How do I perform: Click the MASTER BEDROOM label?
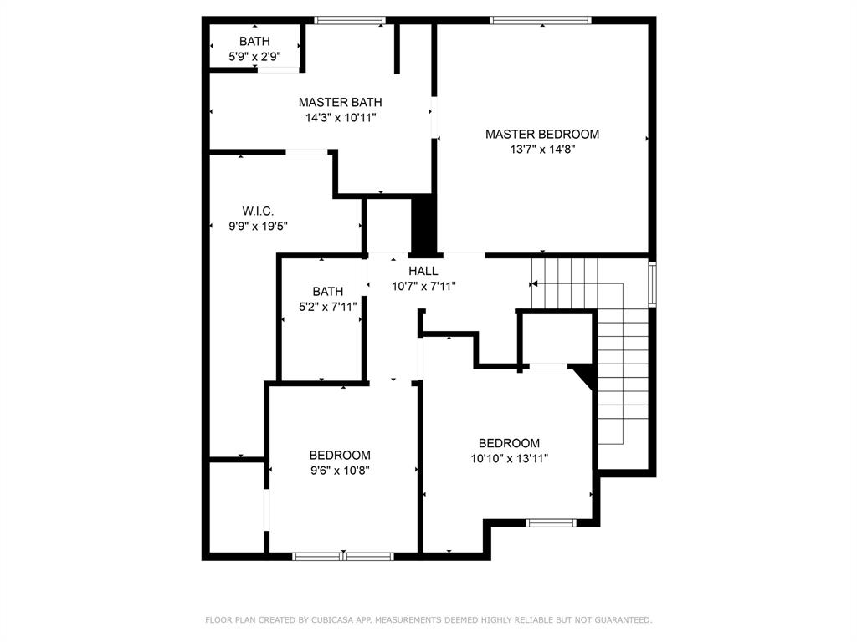pyautogui.click(x=542, y=135)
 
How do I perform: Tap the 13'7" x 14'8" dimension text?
pyautogui.click(x=542, y=150)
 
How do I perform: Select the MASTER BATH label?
pyautogui.click(x=340, y=102)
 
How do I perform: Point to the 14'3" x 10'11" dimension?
pyautogui.click(x=340, y=117)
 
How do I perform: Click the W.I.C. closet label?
pyautogui.click(x=258, y=211)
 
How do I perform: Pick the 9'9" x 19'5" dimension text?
pyautogui.click(x=258, y=226)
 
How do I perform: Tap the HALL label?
pyautogui.click(x=423, y=271)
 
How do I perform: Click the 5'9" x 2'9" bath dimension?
pyautogui.click(x=254, y=56)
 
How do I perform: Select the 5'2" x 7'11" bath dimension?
pyautogui.click(x=328, y=307)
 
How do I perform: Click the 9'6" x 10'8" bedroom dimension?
pyautogui.click(x=340, y=471)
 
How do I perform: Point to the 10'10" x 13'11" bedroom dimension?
pyautogui.click(x=510, y=459)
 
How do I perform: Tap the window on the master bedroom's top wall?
pyautogui.click(x=541, y=21)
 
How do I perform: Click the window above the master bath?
pyautogui.click(x=350, y=21)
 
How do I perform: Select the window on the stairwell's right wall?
pyautogui.click(x=652, y=284)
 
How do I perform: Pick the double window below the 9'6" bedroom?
pyautogui.click(x=342, y=556)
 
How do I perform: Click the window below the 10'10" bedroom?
pyautogui.click(x=551, y=523)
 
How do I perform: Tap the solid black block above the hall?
pyautogui.click(x=423, y=227)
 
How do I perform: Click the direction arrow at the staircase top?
pyautogui.click(x=533, y=284)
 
